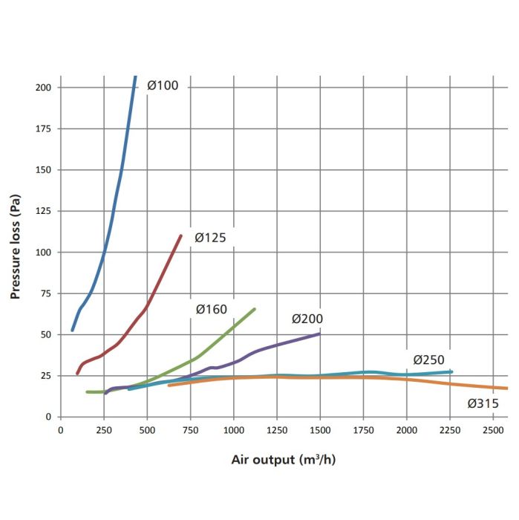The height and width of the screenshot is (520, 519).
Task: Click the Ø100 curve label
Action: [163, 85]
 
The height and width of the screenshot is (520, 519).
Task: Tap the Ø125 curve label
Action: [210, 238]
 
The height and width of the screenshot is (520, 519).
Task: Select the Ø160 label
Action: [211, 310]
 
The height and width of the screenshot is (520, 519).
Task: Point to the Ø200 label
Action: [307, 319]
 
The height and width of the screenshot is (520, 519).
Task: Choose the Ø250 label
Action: [428, 360]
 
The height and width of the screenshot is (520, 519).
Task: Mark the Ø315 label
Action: [483, 404]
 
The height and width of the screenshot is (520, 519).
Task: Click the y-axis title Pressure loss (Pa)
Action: [14, 247]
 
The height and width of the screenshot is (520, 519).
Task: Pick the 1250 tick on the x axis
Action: [277, 430]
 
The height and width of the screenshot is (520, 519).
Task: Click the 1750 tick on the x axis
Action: [363, 430]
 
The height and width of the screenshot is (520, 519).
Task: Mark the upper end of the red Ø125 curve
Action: [181, 236]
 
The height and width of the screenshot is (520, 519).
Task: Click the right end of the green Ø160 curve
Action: [255, 309]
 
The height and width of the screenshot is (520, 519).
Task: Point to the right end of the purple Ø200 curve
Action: [319, 334]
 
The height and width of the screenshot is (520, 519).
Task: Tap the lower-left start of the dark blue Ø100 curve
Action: [72, 330]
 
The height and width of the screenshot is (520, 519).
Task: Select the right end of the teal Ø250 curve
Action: [451, 371]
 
